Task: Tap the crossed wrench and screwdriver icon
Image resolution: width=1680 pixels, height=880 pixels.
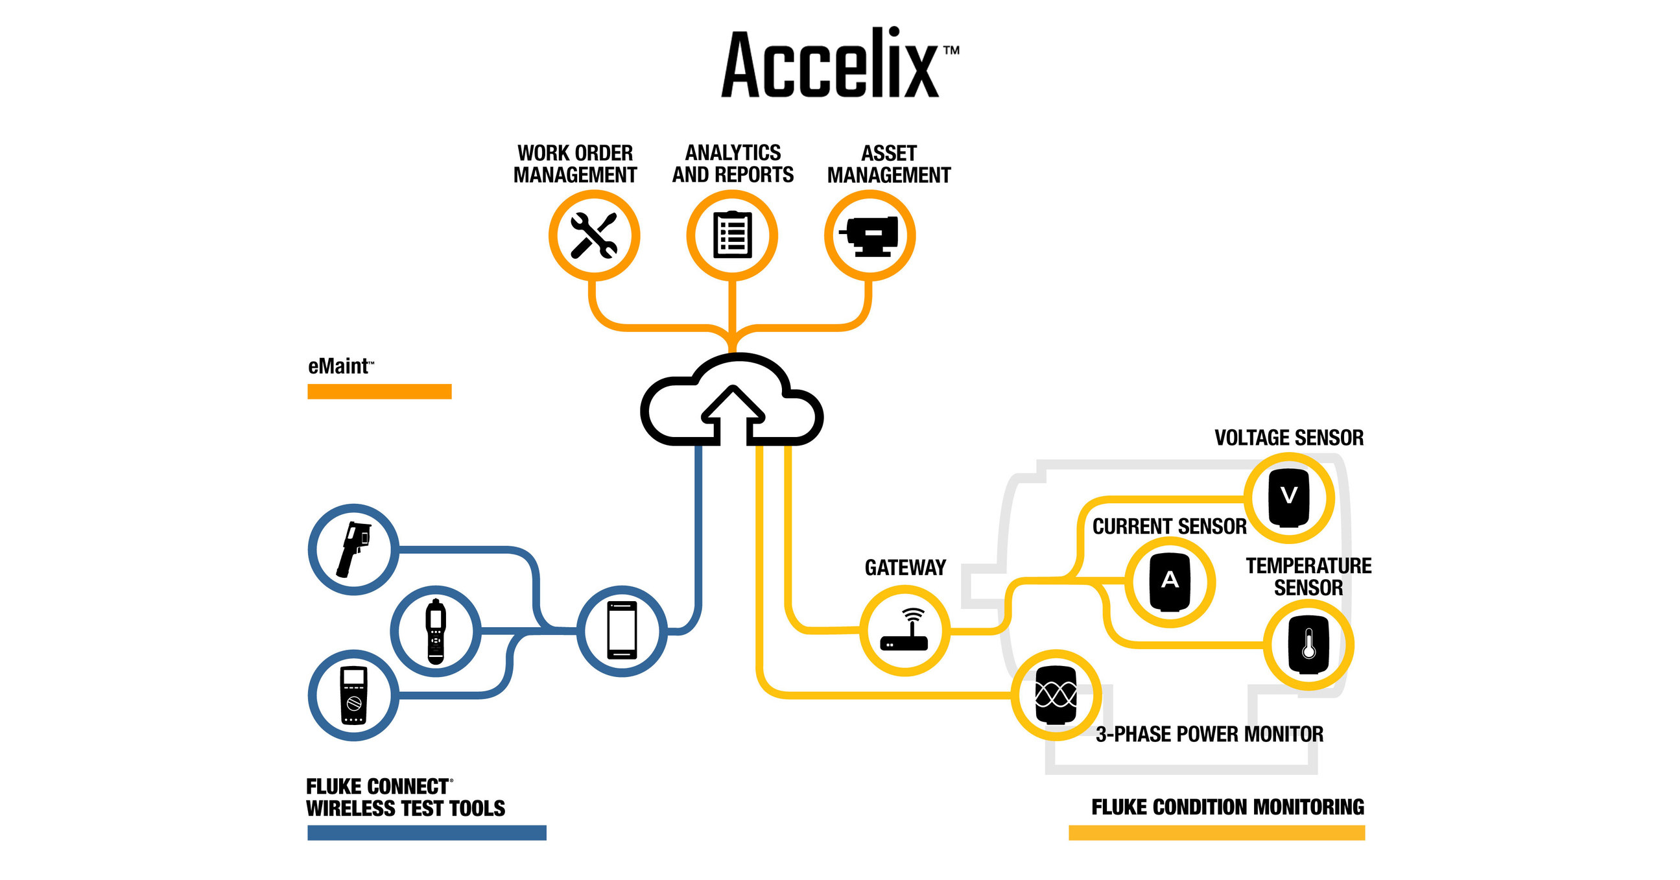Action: click(x=593, y=235)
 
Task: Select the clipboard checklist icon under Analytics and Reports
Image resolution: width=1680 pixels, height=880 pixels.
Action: click(x=732, y=235)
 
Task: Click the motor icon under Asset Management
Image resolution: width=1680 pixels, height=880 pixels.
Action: click(x=870, y=235)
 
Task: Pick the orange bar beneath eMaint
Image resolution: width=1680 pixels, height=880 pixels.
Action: click(x=379, y=392)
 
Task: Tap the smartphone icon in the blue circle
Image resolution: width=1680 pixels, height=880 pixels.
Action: click(x=622, y=631)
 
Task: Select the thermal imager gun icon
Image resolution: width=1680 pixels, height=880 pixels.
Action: click(x=353, y=549)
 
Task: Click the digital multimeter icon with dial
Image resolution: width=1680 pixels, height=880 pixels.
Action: click(x=353, y=695)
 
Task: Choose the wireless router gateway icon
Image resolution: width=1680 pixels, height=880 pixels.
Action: click(x=905, y=630)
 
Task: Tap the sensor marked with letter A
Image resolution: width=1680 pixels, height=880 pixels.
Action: click(x=1169, y=581)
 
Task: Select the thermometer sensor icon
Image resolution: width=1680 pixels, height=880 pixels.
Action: click(x=1308, y=645)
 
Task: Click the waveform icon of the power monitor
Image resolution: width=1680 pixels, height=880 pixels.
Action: click(x=1056, y=695)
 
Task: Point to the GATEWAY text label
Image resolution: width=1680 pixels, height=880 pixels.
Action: click(x=905, y=567)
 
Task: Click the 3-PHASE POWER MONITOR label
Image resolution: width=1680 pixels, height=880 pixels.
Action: click(x=1209, y=735)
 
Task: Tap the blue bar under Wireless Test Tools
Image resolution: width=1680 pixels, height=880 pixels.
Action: click(x=427, y=833)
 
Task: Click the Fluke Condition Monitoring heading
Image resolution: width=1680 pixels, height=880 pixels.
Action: click(x=1227, y=807)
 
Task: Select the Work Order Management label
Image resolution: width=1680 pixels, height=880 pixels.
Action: click(x=574, y=163)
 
